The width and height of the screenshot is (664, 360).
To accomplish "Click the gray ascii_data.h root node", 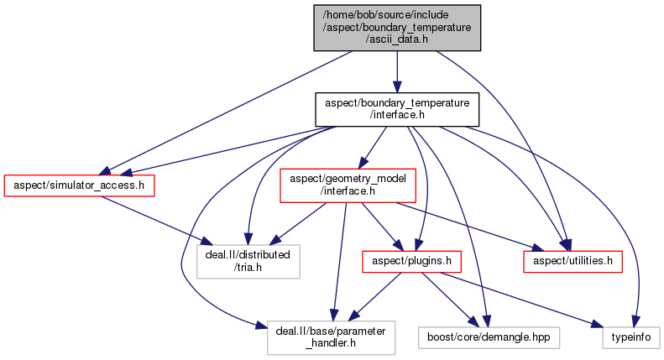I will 397,28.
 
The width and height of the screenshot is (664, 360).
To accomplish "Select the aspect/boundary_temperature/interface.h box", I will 396,109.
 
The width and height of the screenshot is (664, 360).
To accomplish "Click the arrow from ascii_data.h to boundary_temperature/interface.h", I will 397,71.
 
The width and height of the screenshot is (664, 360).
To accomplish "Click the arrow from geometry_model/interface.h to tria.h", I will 294,222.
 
